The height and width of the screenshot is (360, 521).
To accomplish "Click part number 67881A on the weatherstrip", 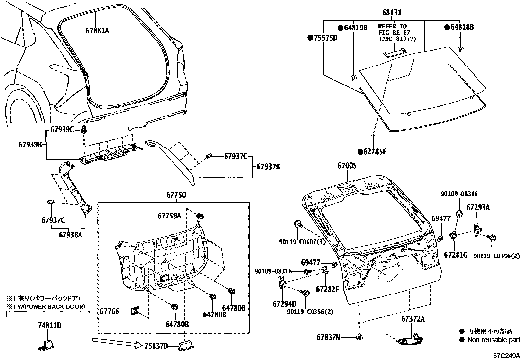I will (97, 30).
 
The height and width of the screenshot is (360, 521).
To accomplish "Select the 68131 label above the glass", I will (391, 13).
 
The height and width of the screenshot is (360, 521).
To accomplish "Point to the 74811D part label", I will (49, 325).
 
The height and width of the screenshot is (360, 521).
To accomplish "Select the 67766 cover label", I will (109, 312).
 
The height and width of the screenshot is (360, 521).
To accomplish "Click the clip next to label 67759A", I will (200, 216).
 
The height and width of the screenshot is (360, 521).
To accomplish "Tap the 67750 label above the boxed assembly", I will (176, 195).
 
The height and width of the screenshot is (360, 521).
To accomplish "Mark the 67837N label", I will (328, 337).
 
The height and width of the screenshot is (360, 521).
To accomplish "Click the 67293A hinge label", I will (478, 207).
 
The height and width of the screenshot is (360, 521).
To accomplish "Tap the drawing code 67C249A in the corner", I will (507, 355).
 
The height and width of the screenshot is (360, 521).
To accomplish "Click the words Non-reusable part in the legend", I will (493, 340).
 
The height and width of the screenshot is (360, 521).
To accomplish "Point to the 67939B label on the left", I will (30, 144).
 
